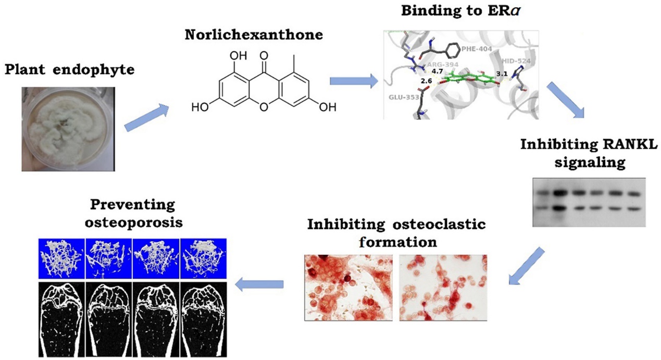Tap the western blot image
tap(589, 202)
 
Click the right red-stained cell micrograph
tap(443, 288)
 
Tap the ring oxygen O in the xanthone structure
tap(265, 108)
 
